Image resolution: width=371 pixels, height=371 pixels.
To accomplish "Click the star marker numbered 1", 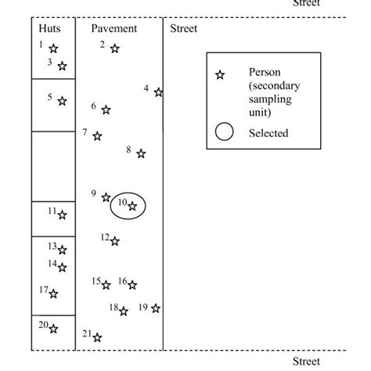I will pyautogui.click(x=53, y=49).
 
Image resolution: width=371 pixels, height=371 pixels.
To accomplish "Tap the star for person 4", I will pyautogui.click(x=158, y=92).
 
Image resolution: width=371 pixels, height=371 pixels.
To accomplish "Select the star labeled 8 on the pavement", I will pyautogui.click(x=141, y=153).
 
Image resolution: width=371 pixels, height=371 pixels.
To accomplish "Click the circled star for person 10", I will pyautogui.click(x=132, y=206).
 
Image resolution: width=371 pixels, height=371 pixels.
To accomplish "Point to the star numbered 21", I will pyautogui.click(x=97, y=338).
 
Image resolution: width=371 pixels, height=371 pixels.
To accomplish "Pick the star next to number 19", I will pyautogui.click(x=156, y=308).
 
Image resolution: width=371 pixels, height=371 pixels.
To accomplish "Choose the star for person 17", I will pyautogui.click(x=53, y=294).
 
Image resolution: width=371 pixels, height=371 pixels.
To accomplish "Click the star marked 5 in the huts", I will pyautogui.click(x=63, y=101).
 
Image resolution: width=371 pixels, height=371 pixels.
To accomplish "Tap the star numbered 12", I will pyautogui.click(x=114, y=241).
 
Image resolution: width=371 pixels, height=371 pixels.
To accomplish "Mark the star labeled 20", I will pyautogui.click(x=53, y=329).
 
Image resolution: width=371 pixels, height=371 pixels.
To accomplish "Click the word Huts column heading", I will pyautogui.click(x=49, y=29).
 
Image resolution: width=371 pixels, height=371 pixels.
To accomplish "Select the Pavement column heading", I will pyautogui.click(x=113, y=29).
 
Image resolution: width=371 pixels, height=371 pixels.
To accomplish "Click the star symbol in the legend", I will pyautogui.click(x=220, y=74).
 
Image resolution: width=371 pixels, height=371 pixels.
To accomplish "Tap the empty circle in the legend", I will pyautogui.click(x=224, y=132).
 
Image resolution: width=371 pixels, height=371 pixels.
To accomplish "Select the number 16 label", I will pyautogui.click(x=122, y=280).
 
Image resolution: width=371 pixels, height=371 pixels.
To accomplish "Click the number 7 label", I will pyautogui.click(x=85, y=132).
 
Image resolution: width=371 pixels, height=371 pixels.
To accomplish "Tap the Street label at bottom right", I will pyautogui.click(x=306, y=361).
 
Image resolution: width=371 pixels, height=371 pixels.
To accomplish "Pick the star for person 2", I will pyautogui.click(x=114, y=49).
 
